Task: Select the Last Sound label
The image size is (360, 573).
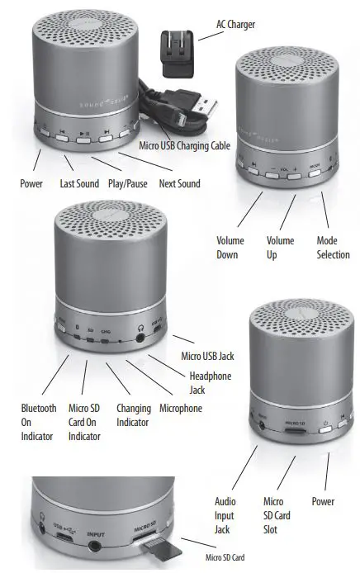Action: tap(79, 183)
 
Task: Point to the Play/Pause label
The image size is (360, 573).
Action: tap(128, 183)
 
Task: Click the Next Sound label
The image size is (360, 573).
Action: tap(180, 183)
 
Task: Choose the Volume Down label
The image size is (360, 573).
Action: tap(230, 247)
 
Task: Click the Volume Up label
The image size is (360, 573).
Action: tap(280, 247)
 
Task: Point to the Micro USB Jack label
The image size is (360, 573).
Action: tap(208, 356)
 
